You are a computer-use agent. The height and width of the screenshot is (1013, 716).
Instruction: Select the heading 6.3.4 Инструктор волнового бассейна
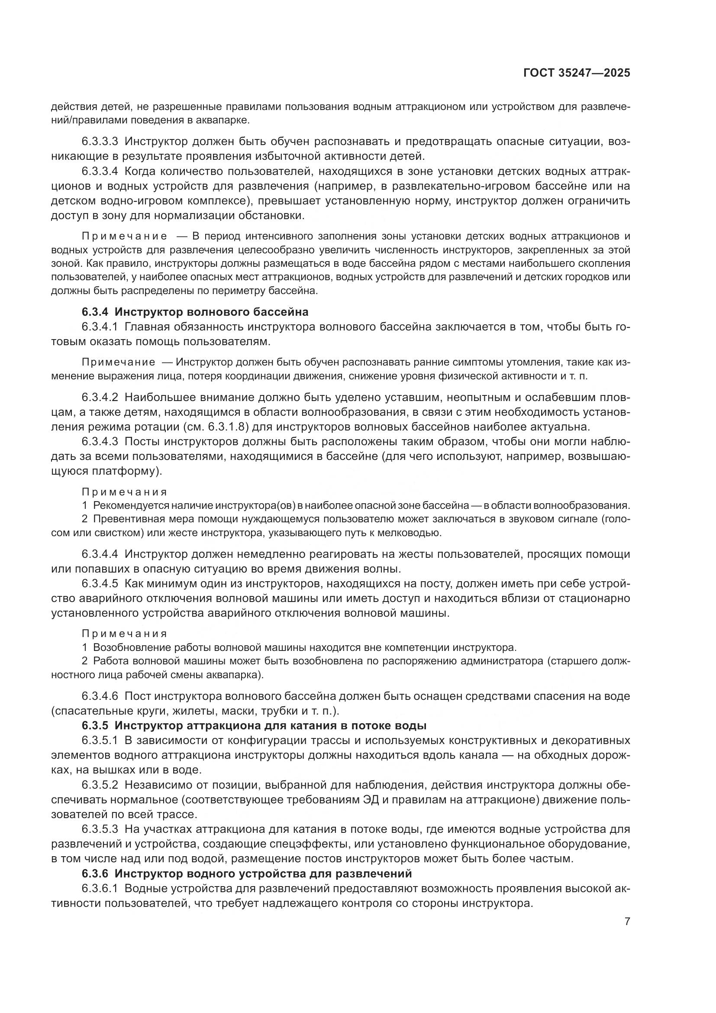tap(195, 312)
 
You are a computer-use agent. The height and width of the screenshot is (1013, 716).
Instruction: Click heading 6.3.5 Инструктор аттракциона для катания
tap(254, 725)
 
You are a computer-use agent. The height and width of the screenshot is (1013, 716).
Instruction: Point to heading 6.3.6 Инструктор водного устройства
tap(246, 874)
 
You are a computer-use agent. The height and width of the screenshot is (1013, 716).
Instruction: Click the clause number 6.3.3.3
tap(100, 142)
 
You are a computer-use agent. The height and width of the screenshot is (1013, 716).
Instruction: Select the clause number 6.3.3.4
tap(100, 171)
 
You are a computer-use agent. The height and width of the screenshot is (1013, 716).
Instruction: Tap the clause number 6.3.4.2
tap(100, 397)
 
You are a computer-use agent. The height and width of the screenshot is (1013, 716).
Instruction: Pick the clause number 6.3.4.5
tap(100, 584)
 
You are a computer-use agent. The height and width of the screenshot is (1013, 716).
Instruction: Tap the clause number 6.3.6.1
tap(100, 889)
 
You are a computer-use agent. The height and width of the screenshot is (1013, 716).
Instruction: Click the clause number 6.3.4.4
tap(100, 554)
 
